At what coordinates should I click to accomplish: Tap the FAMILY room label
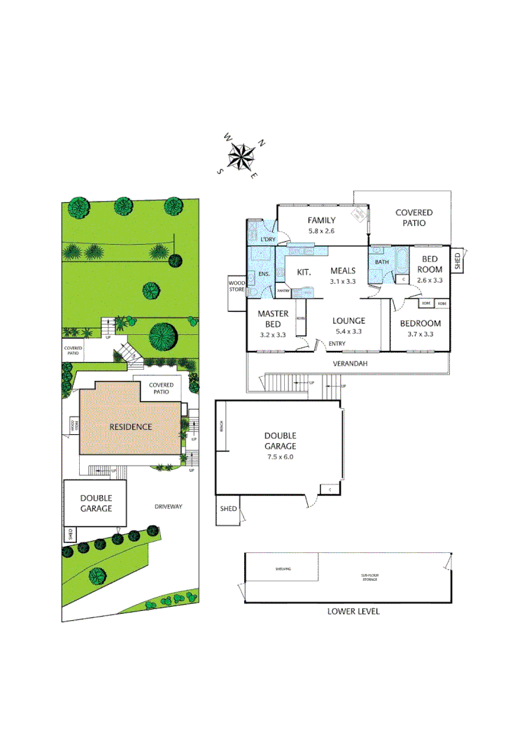coord(322,220)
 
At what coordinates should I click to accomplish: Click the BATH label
coord(381,262)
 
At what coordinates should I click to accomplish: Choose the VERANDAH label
coord(350,364)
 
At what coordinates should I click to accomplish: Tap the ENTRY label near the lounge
coord(337,343)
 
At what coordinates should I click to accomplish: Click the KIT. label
coord(304,271)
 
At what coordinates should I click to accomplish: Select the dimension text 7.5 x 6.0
coord(280,456)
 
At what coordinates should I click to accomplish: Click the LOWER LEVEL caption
coord(353,611)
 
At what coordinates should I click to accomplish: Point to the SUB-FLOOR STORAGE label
coord(369,577)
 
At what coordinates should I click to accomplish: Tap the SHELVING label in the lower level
coord(283,569)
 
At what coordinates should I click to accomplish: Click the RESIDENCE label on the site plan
coord(130,426)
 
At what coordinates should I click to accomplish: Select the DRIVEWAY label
coord(169,506)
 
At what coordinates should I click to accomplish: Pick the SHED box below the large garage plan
coord(228,509)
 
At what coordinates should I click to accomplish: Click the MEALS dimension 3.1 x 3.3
coord(343,281)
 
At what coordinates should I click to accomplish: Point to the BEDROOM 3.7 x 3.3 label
coord(420,328)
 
